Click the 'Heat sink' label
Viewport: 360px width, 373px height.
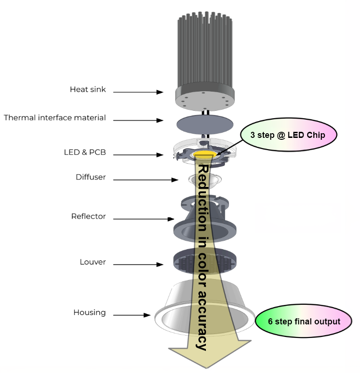point(88,89)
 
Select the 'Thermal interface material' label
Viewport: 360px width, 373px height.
point(55,118)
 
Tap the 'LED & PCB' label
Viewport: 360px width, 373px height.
point(85,152)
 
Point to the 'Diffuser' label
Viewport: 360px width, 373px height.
point(91,177)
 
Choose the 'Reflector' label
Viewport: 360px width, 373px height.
point(88,216)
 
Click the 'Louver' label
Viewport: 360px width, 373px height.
point(92,262)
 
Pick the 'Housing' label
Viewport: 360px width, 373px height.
point(89,312)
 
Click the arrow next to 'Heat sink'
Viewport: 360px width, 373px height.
point(138,92)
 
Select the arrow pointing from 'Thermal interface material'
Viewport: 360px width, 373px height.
point(138,120)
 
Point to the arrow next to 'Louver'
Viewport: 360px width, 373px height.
point(138,265)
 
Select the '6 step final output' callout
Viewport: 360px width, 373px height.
point(304,322)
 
